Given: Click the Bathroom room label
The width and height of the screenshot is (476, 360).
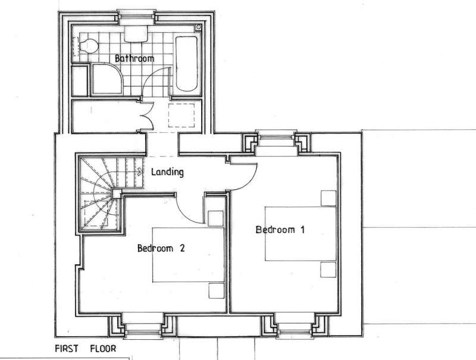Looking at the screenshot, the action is tap(134, 58).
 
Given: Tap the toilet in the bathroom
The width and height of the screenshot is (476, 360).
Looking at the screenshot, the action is tap(89, 46).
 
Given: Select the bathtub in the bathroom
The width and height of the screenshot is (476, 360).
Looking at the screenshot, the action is tap(187, 64).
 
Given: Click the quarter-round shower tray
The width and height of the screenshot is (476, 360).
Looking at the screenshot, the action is tap(108, 79).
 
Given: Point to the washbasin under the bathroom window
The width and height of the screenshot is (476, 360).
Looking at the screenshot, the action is tap(136, 34).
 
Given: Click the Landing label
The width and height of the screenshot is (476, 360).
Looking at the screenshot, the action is tap(167, 172).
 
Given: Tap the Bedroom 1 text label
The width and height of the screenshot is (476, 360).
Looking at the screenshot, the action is tap(280, 230).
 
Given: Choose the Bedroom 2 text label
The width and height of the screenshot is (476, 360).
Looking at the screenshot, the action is tap(161, 248).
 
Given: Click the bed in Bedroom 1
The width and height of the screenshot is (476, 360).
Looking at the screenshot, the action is tap(300, 234).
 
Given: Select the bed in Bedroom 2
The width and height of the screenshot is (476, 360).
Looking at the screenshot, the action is tap(188, 255).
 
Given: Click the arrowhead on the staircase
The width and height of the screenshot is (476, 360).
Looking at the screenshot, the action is tap(140, 172).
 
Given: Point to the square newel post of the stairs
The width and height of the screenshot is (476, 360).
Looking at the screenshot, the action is tap(117, 193).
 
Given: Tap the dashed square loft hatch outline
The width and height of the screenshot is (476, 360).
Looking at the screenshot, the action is tap(181, 115).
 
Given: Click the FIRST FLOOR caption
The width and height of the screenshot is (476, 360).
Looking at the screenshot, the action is tap(86, 349).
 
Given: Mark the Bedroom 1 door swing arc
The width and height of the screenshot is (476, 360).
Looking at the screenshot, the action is tap(250, 182).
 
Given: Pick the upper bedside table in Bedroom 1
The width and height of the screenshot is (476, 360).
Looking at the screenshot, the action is tap(328, 198).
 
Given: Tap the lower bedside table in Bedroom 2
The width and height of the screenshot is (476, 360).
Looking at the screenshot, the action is tap(217, 291).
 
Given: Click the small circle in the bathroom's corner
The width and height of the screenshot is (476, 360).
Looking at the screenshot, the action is tap(199, 27).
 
